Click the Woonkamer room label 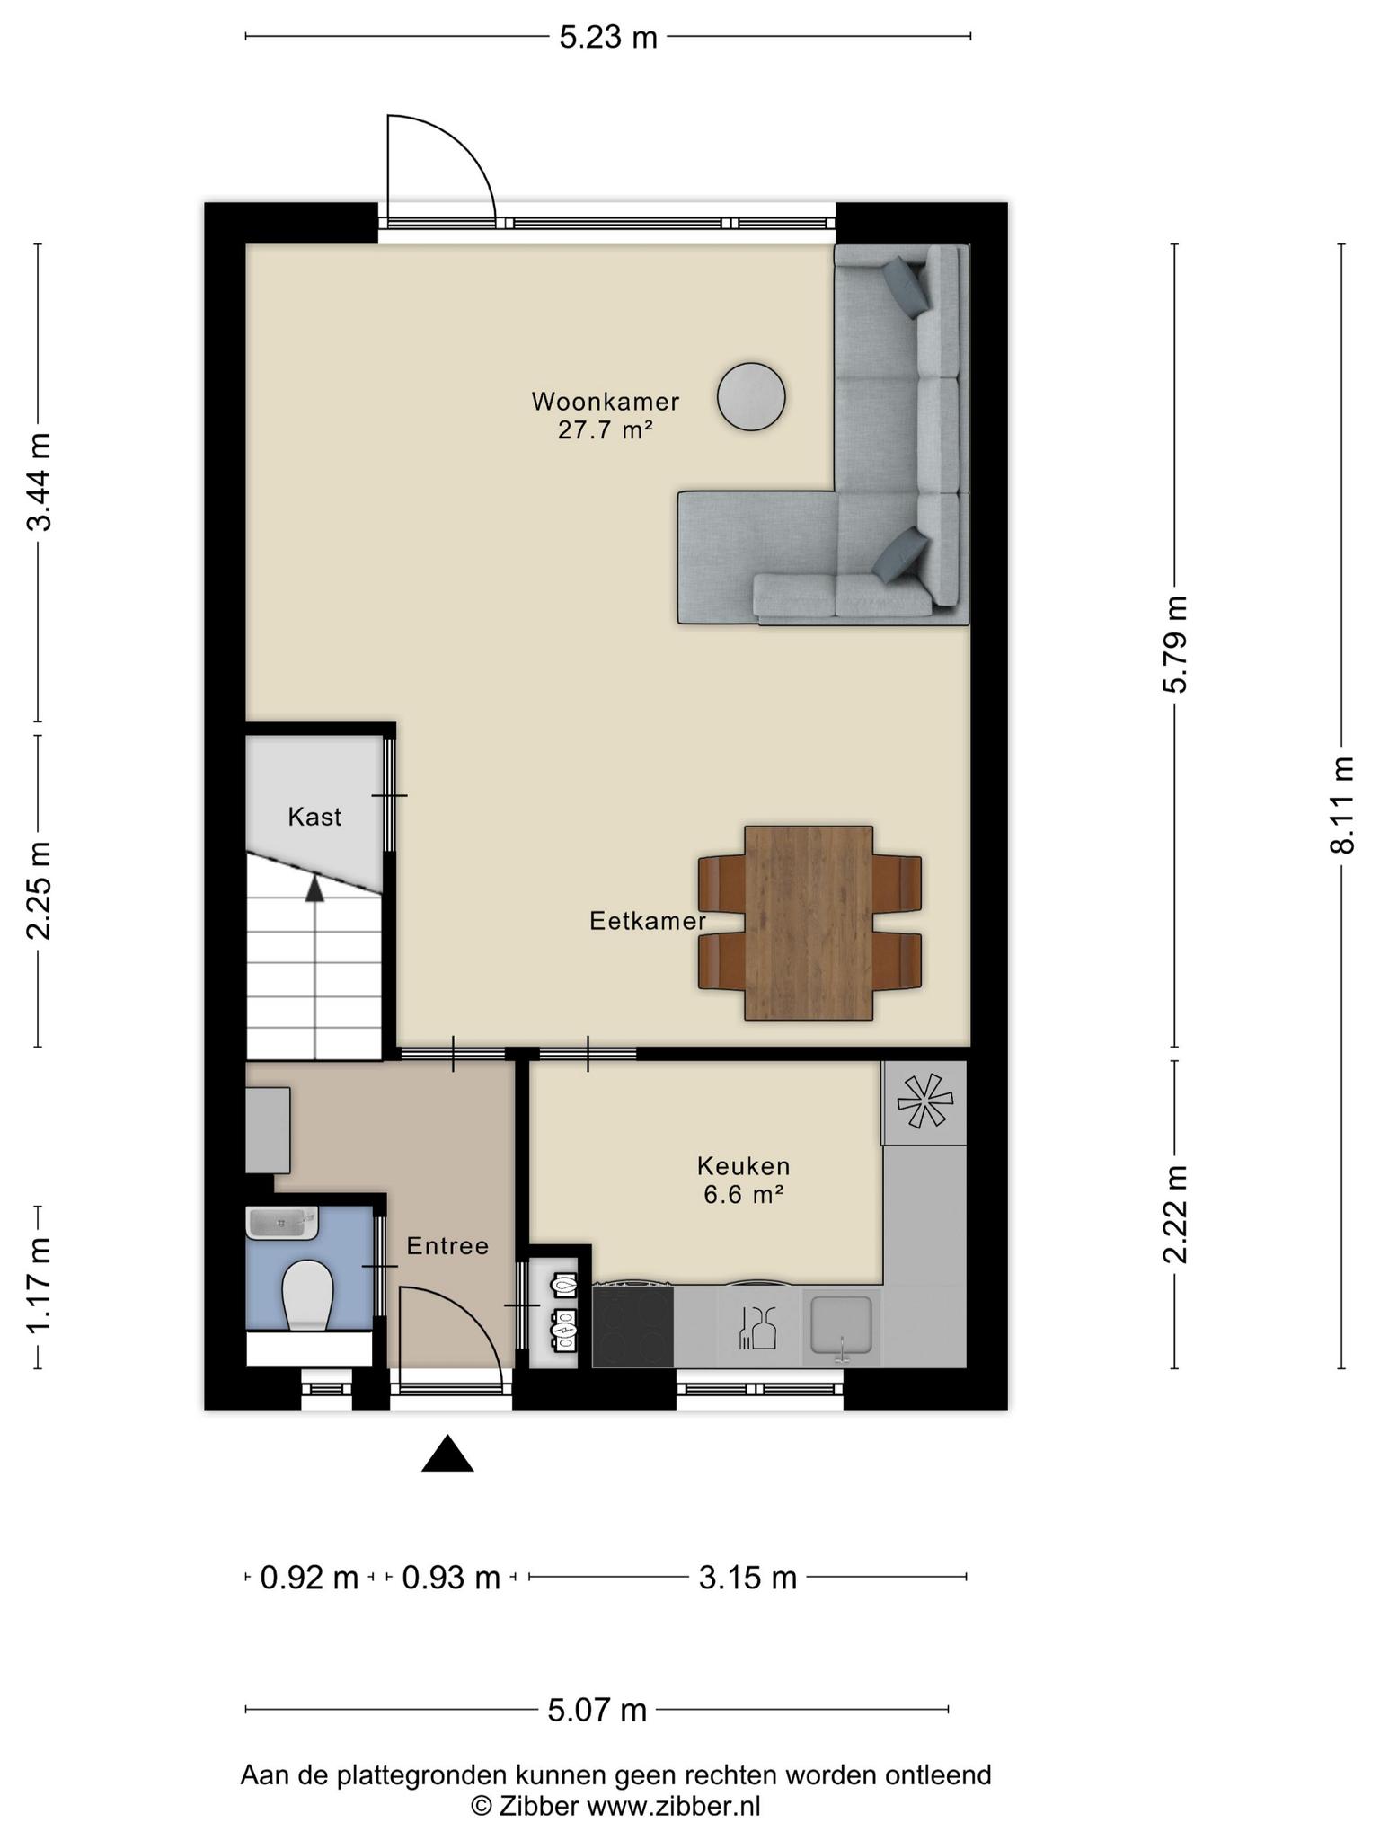pyautogui.click(x=605, y=401)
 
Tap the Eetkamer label pyautogui.click(x=648, y=921)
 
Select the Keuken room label pyautogui.click(x=744, y=1166)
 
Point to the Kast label pyautogui.click(x=314, y=817)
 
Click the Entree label pyautogui.click(x=447, y=1246)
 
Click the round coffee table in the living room pyautogui.click(x=751, y=396)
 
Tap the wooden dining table pyautogui.click(x=809, y=923)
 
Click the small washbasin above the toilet pyautogui.click(x=281, y=1223)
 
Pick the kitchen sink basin pyautogui.click(x=841, y=1324)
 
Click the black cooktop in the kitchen pyautogui.click(x=632, y=1325)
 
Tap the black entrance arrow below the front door pyautogui.click(x=447, y=1454)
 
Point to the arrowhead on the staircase pyautogui.click(x=314, y=889)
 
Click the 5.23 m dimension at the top pyautogui.click(x=608, y=37)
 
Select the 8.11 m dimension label pyautogui.click(x=1342, y=805)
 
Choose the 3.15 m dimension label pyautogui.click(x=748, y=1578)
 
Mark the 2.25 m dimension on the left pyautogui.click(x=39, y=890)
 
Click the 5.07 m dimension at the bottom pyautogui.click(x=597, y=1710)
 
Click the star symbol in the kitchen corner pyautogui.click(x=924, y=1101)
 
